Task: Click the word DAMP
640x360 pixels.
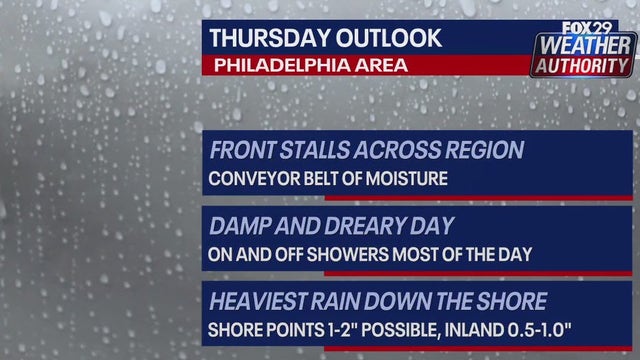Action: tap(237, 226)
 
